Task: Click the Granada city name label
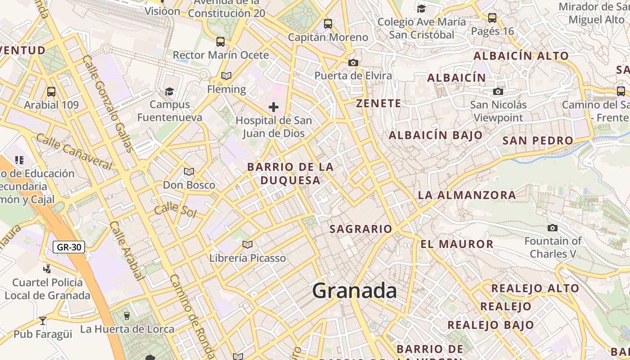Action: (355, 291)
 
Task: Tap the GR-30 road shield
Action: (69, 247)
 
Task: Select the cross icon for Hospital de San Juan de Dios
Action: (274, 107)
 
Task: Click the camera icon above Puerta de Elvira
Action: (353, 63)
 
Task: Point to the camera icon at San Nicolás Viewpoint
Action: (498, 92)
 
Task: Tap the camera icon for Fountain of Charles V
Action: (553, 228)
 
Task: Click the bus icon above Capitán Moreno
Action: (328, 24)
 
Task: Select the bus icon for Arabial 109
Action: (51, 92)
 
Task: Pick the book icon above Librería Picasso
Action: (247, 245)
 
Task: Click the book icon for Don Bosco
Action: (189, 172)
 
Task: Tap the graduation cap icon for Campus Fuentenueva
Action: (170, 92)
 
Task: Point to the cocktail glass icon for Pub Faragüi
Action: (43, 321)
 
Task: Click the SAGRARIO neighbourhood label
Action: (361, 229)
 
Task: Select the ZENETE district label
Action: (378, 103)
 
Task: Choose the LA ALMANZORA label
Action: (467, 195)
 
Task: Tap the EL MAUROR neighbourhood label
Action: (457, 244)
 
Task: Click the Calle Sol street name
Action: (175, 210)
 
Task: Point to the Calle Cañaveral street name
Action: (74, 152)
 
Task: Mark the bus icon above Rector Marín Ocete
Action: (220, 42)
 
